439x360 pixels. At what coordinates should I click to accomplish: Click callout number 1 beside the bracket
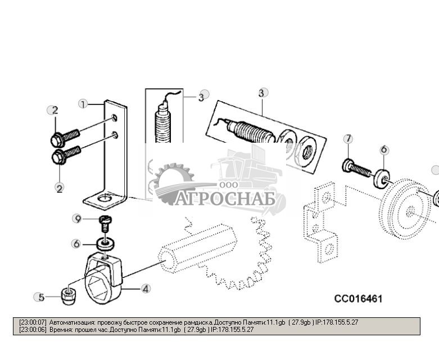point(83,104)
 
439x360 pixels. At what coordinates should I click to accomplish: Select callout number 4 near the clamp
point(146,289)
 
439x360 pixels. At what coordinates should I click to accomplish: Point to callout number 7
point(348,139)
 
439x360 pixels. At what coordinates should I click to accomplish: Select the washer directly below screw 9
point(103,244)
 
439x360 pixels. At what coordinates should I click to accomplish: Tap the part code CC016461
point(358,299)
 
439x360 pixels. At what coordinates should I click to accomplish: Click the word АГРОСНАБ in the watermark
point(225,199)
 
